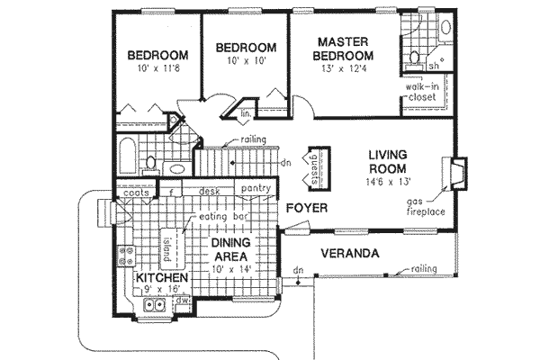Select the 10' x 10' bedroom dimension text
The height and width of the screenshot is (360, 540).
pyautogui.click(x=244, y=61)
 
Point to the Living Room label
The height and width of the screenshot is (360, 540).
pyautogui.click(x=386, y=162)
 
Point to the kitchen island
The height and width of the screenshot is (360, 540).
pyautogui.click(x=166, y=244)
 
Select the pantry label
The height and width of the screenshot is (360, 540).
pyautogui.click(x=256, y=189)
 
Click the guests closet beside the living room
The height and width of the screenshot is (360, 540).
pyautogui.click(x=314, y=168)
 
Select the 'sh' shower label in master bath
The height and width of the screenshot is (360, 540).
pyautogui.click(x=433, y=66)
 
